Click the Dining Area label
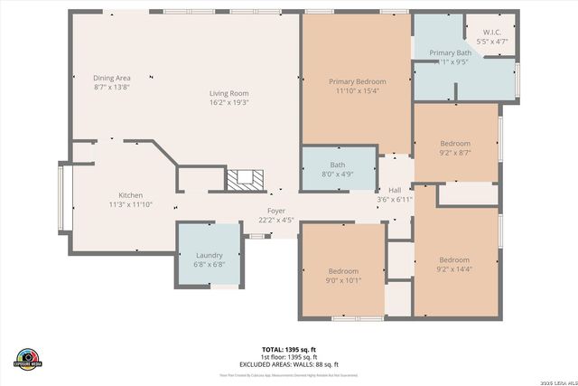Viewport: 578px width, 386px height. point(112,78)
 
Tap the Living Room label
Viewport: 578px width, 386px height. point(229,93)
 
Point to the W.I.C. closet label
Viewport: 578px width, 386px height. point(491,33)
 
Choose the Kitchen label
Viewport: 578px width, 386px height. point(131,195)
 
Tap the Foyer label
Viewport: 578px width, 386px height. point(276,211)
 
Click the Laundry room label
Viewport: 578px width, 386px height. point(209,256)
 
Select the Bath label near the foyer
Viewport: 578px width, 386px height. point(337,165)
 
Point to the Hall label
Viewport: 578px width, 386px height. point(395,190)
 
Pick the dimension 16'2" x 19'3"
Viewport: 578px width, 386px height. point(229,103)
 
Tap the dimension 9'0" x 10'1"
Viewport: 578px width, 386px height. point(343,280)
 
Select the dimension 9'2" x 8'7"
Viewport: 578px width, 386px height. point(454,154)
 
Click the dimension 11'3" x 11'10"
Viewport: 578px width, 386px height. point(131,205)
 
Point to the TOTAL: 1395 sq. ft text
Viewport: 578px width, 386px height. point(288,349)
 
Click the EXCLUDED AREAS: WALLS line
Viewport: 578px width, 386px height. point(288,363)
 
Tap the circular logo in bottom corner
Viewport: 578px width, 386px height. point(28,357)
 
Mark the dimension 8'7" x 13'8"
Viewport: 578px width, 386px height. point(112,88)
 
